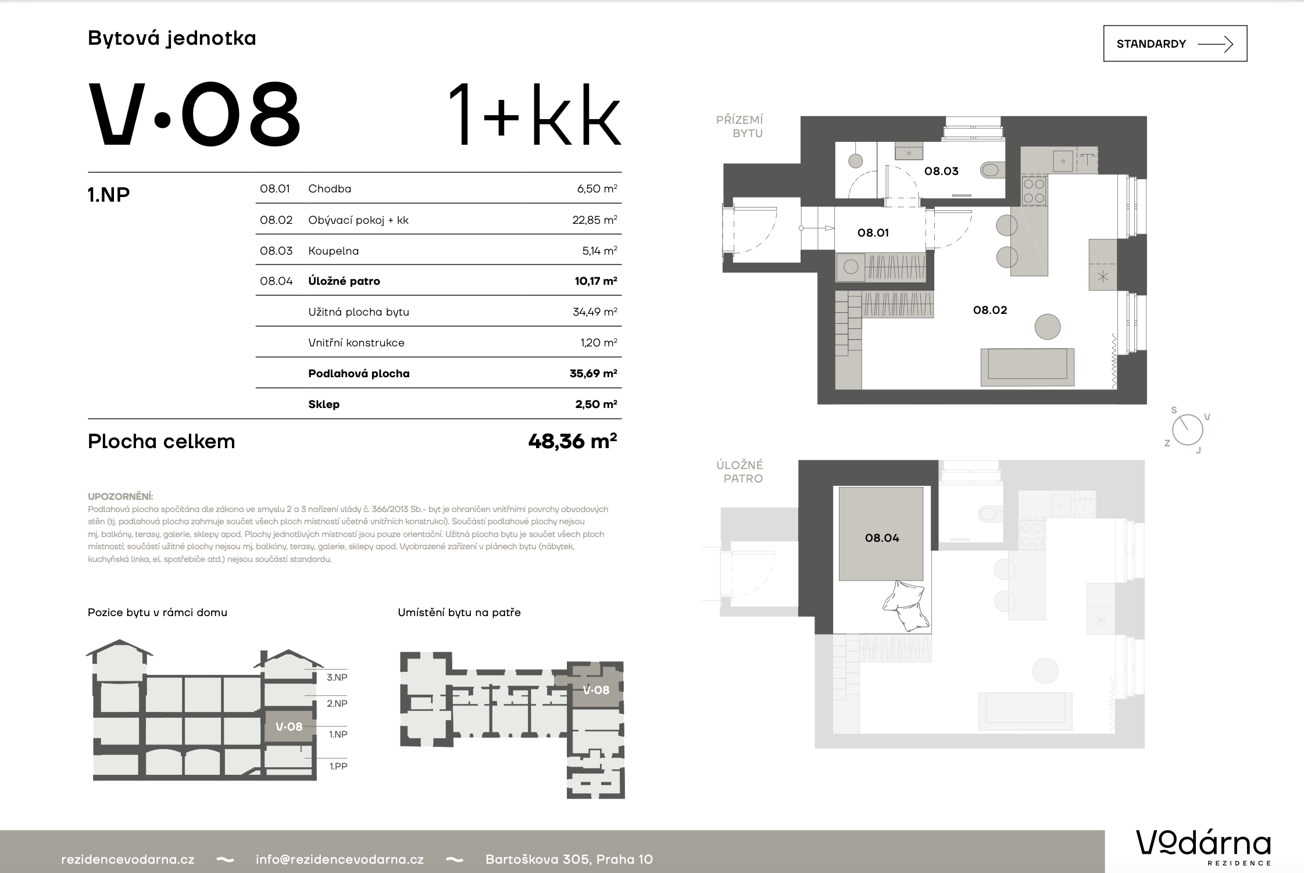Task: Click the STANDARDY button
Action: (1175, 44)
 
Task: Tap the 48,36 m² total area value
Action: (572, 442)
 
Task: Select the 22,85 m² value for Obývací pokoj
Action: (594, 220)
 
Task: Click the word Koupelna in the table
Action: (333, 251)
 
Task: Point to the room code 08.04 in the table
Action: (276, 281)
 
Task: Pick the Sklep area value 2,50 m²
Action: (596, 404)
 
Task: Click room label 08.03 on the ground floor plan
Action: (941, 171)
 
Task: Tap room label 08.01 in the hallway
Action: (873, 232)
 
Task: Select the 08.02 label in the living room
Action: (990, 310)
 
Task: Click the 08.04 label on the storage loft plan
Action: (882, 538)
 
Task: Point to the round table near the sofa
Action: (1048, 327)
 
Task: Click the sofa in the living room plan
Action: (1027, 367)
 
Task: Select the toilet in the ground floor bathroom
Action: (992, 170)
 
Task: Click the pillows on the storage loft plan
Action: (904, 606)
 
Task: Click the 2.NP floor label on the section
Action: (337, 703)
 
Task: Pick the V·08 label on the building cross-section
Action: (289, 727)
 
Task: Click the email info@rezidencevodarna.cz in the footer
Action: (340, 859)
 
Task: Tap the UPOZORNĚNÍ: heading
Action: (120, 496)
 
